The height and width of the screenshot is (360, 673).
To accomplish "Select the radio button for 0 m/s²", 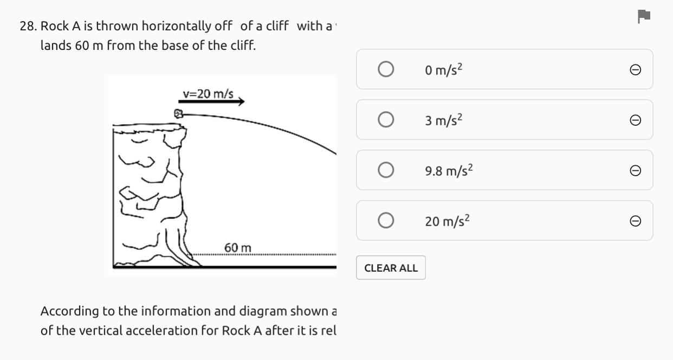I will coord(385,69).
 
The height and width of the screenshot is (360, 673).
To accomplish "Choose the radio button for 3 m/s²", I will coord(385,119).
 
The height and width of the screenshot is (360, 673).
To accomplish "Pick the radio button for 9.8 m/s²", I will coord(385,170).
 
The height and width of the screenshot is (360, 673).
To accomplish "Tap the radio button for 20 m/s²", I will coord(385,221).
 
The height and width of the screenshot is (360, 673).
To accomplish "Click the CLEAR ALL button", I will coord(391,268).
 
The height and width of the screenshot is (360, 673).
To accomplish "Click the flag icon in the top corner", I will coord(644,16).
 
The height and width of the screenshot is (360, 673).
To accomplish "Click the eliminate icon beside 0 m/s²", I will coord(636,70).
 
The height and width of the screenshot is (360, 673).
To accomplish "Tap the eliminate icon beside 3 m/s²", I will coord(636,120).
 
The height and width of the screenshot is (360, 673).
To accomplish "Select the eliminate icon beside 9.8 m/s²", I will coord(636,171).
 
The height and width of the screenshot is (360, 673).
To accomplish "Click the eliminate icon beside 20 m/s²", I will coord(636,221).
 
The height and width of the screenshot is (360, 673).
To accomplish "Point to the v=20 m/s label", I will coord(208,94).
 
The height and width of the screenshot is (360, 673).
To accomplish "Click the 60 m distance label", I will coord(238,248).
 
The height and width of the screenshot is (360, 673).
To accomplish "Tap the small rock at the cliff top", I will coord(178,114).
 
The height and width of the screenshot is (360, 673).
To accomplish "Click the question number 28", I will coord(28,26).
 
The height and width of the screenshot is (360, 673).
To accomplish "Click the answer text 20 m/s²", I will coord(448,221).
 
